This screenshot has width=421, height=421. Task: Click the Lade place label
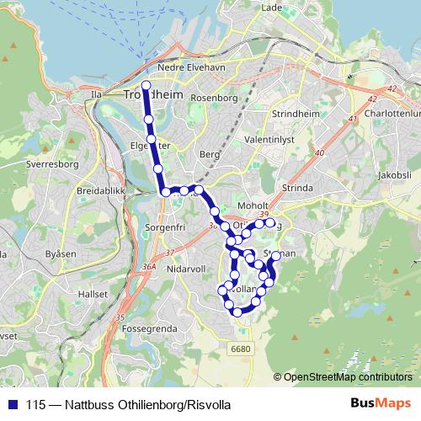coord(271,8)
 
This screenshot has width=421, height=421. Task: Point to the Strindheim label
coord(294,112)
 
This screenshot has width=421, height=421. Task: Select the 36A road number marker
coord(150,267)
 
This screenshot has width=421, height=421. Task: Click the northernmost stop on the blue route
coord(146,85)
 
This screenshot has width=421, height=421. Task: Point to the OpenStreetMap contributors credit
coord(349,377)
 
